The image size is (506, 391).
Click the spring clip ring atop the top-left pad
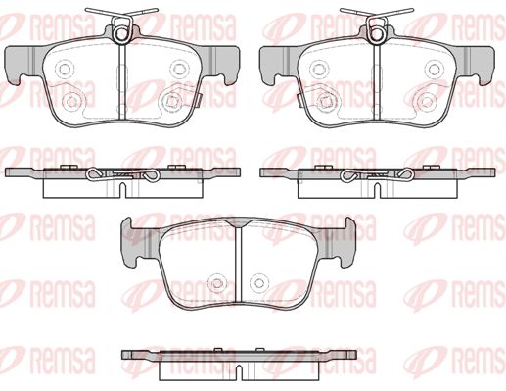coord(121,34)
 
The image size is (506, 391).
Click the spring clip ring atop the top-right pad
coord(377,34)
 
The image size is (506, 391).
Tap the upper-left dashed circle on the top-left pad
coord(65,70)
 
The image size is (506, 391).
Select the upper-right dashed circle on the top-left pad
coord(179,70)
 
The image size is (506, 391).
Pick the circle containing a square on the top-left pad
coord(171,102)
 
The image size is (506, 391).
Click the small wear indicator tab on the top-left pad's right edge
coord(200,100)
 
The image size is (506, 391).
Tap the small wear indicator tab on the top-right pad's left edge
coord(299,100)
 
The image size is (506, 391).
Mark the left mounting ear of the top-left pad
coord(21,65)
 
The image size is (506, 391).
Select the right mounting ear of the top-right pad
coord(479,65)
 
